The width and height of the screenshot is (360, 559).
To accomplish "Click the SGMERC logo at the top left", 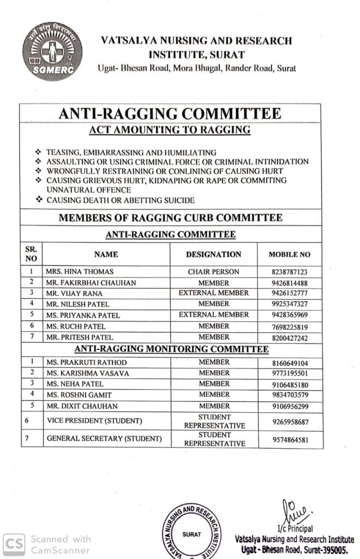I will [x=52, y=51].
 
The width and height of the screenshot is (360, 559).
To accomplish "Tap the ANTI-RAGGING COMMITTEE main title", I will [x=170, y=114].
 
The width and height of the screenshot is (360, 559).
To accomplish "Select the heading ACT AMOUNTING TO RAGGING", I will [x=170, y=130].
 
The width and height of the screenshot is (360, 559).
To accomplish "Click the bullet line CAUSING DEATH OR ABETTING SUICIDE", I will [x=120, y=200].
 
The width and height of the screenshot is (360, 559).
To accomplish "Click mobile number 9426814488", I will [x=289, y=283].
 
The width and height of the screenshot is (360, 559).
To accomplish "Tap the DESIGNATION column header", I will [x=213, y=254].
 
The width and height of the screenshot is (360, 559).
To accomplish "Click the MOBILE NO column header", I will [x=289, y=254].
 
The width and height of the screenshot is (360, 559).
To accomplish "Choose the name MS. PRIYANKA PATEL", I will [x=83, y=315].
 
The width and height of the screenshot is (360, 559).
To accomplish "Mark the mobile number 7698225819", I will [x=289, y=326].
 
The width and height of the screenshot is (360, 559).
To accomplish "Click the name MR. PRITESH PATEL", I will [x=80, y=337].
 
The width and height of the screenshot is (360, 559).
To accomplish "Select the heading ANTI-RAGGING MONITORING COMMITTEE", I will [x=171, y=349].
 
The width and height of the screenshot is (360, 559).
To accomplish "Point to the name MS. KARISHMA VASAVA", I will [x=87, y=373].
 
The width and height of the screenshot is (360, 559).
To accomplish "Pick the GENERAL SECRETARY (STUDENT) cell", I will [x=104, y=438].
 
